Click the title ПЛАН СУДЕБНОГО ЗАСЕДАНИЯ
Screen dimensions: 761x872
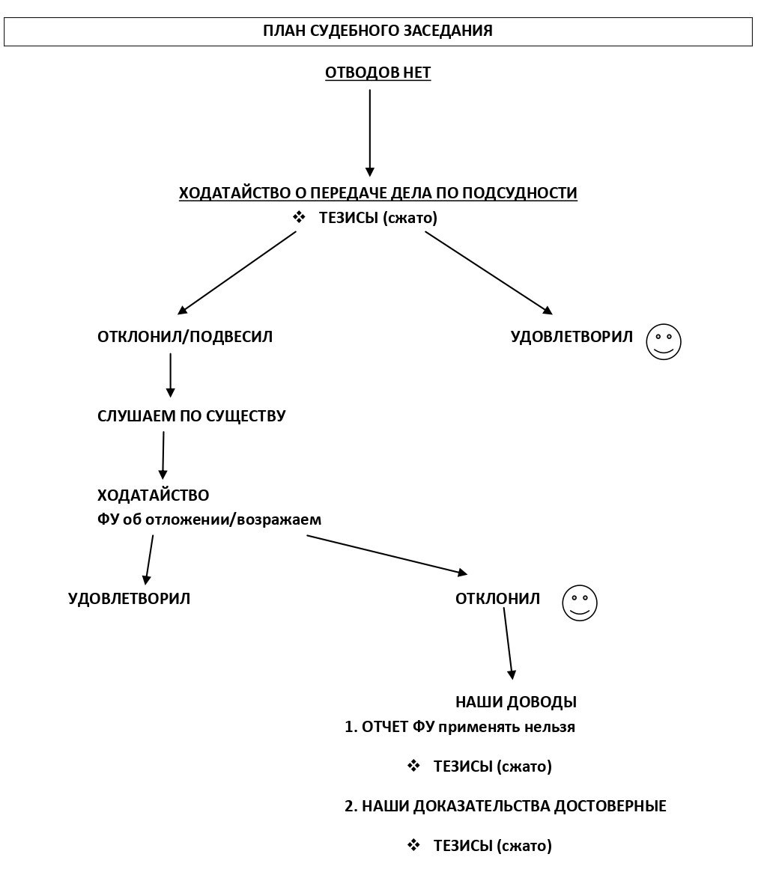[x=378, y=30]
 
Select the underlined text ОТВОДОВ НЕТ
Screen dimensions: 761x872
[x=378, y=73]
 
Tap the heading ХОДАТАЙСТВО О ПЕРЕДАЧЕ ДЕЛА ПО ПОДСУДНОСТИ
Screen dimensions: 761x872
[x=378, y=193]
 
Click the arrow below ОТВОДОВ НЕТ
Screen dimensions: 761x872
[x=370, y=133]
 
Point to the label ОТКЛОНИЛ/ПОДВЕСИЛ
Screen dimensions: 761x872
[x=185, y=337]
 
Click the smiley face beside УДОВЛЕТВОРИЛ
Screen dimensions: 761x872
[x=664, y=341]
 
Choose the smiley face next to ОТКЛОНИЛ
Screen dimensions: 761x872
[x=580, y=603]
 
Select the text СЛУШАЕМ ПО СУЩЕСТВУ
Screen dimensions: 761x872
[x=192, y=416]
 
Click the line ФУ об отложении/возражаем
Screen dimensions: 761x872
[x=209, y=519]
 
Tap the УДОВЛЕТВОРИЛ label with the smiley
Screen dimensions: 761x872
[x=571, y=337]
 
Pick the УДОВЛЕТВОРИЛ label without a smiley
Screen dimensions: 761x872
[x=129, y=598]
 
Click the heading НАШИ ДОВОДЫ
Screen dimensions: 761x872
[x=516, y=702]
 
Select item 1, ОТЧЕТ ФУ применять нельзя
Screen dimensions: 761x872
[x=460, y=727]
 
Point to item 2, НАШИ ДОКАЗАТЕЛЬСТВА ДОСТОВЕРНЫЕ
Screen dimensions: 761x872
[x=506, y=806]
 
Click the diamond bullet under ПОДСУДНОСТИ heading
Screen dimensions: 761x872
[x=300, y=217]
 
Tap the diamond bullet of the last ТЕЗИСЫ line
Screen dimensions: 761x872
[x=413, y=845]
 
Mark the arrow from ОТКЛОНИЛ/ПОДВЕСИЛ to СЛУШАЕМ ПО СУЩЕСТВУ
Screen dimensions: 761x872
[x=170, y=376]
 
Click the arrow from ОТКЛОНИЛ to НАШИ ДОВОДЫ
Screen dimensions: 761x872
[x=509, y=644]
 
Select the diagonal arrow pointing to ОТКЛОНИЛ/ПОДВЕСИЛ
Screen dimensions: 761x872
[x=237, y=273]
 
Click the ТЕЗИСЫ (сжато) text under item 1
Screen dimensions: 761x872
[x=493, y=766]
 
